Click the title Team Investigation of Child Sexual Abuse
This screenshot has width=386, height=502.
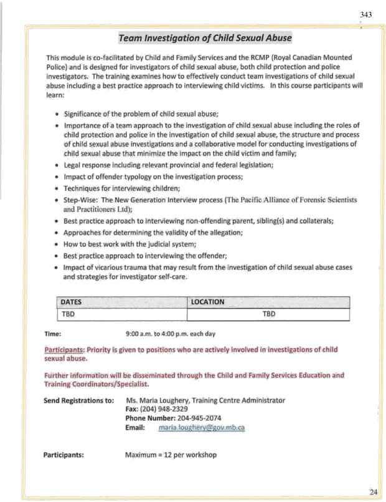[x=205, y=38]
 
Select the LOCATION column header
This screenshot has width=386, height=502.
[x=207, y=302]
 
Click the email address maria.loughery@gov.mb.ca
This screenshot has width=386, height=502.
[x=202, y=428]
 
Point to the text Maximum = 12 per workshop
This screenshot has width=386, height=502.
[x=171, y=455]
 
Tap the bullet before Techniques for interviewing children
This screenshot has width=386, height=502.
[x=57, y=188]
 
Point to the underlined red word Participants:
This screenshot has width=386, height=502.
[x=64, y=350]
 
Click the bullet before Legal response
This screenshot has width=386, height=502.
[x=57, y=165]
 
